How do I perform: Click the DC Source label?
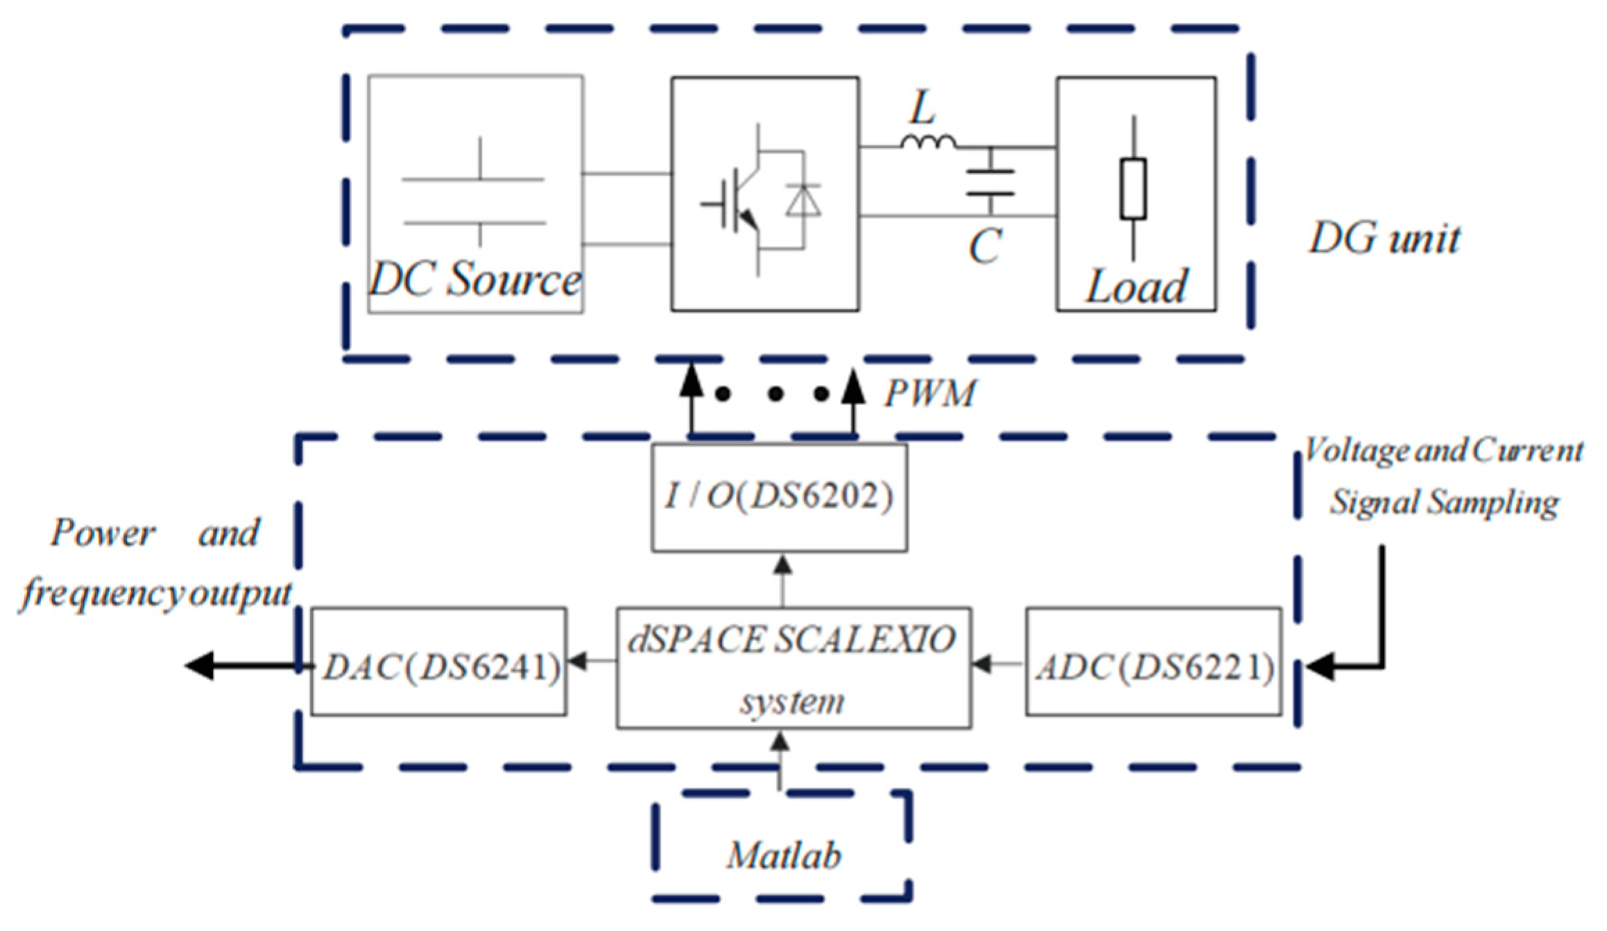pos(474,280)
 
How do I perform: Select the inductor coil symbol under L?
pos(928,142)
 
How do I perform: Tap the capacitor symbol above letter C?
pos(990,182)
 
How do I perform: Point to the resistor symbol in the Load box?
pos(1133,189)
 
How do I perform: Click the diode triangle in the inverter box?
pos(803,201)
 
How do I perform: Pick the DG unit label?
pos(1384,239)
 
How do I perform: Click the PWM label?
pos(929,393)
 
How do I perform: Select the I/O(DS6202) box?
pos(779,497)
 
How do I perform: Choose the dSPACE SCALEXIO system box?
pos(793,668)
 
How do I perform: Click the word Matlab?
pos(784,855)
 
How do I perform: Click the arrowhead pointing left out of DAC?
pos(200,666)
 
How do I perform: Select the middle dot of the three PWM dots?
pos(775,394)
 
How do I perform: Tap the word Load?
pos(1136,287)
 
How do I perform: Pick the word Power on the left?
pos(103,533)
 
